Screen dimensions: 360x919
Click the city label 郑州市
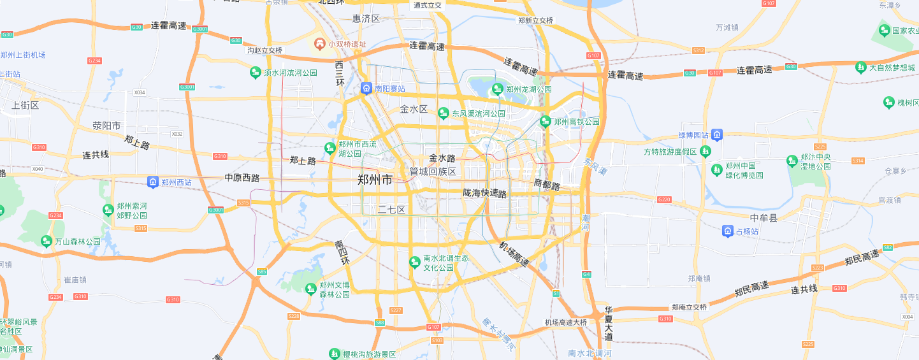coord(375,180)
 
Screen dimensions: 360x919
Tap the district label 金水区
coord(414,109)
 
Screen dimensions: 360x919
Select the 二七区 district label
coord(391,210)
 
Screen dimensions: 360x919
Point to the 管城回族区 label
coord(433,172)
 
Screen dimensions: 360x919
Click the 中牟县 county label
coord(764,218)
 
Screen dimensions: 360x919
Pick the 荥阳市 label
coord(106,126)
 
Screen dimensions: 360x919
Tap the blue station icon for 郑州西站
coord(153,182)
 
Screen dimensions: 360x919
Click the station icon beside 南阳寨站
coord(366,89)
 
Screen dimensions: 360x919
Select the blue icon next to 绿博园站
coord(717,135)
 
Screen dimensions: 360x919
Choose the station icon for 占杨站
coord(728,231)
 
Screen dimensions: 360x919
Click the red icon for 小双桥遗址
coord(320,44)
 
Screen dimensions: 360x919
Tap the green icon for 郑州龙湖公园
coord(498,89)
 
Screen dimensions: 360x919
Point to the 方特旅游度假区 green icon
coord(705,152)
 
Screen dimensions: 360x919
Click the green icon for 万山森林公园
coord(46,241)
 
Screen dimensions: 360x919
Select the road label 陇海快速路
coord(485,193)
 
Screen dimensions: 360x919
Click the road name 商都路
coord(546,185)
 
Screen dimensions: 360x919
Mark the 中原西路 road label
coord(242,178)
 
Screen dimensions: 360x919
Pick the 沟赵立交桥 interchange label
coord(264,50)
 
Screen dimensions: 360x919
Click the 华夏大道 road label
coord(609,324)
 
